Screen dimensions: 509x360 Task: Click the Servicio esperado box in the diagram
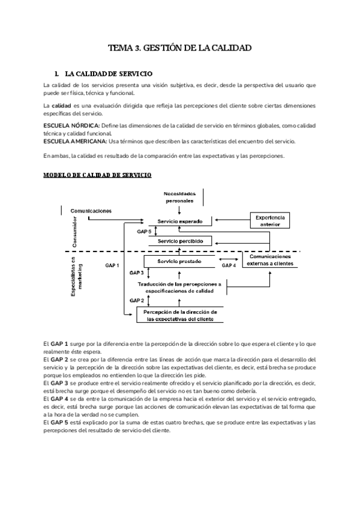[180, 221]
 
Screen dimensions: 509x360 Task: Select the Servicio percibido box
[180, 241]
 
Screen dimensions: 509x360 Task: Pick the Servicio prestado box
[179, 262]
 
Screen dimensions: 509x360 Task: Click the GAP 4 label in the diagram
[229, 265]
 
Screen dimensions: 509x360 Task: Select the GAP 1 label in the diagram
[112, 265]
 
